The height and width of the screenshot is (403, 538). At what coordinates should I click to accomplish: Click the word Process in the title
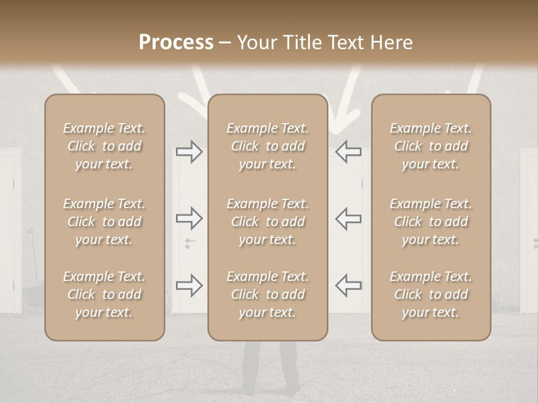point(176,43)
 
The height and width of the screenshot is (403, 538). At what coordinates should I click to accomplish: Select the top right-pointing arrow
point(189,152)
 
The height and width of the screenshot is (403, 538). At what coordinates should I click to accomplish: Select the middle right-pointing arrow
point(189,218)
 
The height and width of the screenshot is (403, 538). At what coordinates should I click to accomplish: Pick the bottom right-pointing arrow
point(189,285)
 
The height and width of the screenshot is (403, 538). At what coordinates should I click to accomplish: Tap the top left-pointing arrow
point(348,152)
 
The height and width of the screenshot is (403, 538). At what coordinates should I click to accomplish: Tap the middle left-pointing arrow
point(348,218)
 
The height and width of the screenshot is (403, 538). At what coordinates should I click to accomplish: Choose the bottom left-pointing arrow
point(348,285)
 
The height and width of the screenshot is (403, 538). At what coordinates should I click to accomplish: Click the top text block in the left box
point(104,146)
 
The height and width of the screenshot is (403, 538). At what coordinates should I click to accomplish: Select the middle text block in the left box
point(104,222)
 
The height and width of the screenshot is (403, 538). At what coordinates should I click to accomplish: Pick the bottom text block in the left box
point(104,294)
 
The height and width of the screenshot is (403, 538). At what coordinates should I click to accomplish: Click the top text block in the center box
point(267,146)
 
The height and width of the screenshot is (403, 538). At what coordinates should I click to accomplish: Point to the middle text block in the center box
point(267,222)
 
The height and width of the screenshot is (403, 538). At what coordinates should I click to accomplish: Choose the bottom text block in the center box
point(267,294)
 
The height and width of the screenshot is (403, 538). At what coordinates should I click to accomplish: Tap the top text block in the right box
point(430,146)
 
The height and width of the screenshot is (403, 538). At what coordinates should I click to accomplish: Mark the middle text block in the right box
point(430,222)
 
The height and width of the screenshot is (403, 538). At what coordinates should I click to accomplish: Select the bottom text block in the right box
point(430,294)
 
